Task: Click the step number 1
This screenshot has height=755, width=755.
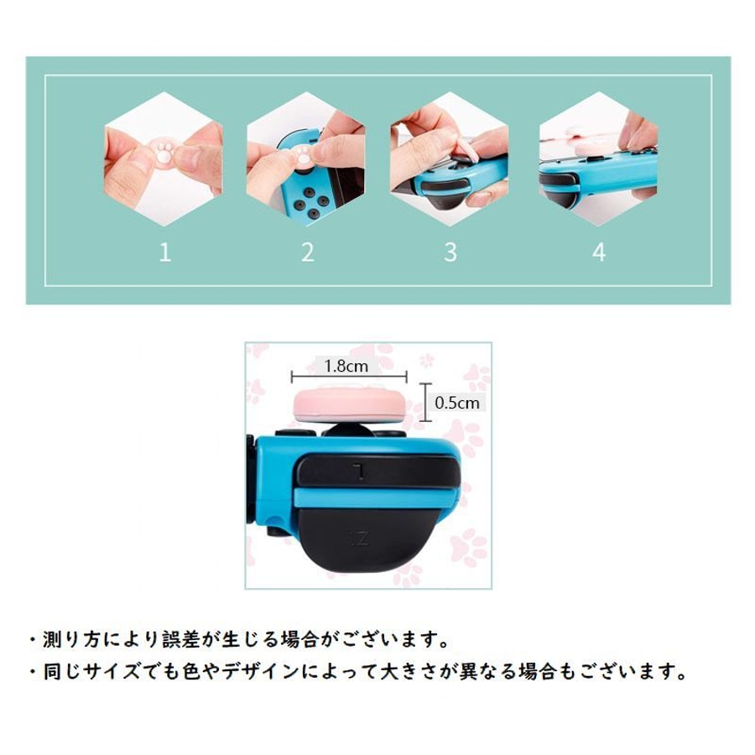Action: point(165,252)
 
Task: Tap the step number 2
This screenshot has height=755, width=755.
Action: point(308,252)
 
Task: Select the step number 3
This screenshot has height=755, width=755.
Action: point(450,252)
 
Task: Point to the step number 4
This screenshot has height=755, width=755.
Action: point(598,252)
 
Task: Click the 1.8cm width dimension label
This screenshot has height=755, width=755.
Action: point(346,367)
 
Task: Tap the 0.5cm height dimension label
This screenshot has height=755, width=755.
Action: point(457,403)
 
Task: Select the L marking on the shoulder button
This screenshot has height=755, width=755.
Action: point(357,471)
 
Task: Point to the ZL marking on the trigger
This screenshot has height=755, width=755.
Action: point(359,539)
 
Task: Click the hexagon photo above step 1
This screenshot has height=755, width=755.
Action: point(164,159)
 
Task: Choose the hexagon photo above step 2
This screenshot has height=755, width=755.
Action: point(306,159)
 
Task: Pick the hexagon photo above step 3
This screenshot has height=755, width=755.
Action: point(450,159)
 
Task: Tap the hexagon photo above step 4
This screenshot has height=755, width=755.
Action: point(598,159)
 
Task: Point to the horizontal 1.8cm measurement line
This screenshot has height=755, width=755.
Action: point(349,377)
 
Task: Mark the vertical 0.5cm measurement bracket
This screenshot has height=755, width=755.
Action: point(425,403)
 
